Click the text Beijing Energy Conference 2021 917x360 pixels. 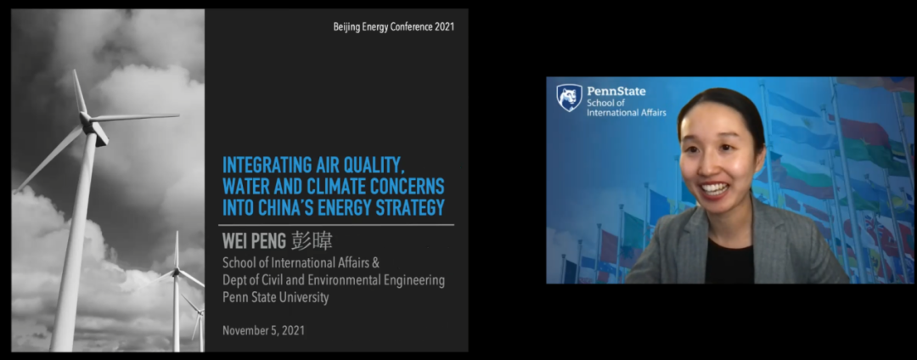pos(394,26)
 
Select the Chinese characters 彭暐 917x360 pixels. pos(311,240)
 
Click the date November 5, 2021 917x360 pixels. pos(263,331)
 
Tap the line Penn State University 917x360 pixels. pos(275,297)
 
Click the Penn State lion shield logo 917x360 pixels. pos(569,98)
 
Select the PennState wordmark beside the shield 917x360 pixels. pos(616,91)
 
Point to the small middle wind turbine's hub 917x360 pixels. pos(177,272)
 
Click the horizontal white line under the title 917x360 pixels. pos(336,224)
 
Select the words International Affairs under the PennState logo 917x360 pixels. pos(627,112)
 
